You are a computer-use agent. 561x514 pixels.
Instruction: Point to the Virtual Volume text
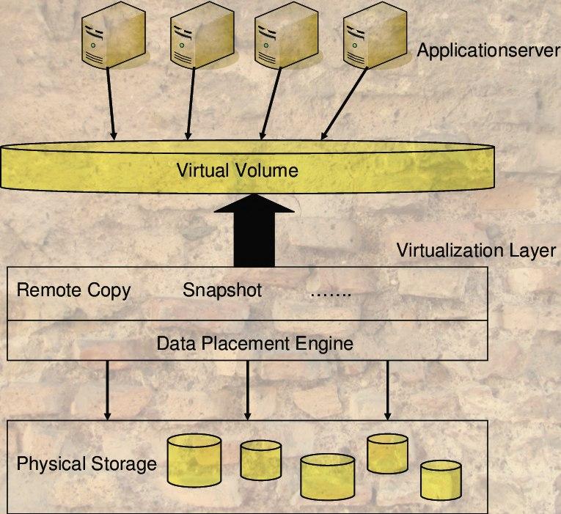[238, 171]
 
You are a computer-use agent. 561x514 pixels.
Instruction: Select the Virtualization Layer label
[476, 251]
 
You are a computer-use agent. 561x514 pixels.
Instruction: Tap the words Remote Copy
[73, 290]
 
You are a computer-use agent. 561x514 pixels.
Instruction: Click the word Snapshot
[222, 290]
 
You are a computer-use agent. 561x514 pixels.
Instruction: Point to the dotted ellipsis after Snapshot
[331, 293]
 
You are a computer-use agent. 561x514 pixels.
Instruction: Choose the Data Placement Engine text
[255, 342]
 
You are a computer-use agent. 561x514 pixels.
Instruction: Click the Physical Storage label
[87, 464]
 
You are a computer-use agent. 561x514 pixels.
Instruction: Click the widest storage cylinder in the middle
[328, 477]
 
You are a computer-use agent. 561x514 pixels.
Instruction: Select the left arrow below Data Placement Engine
[109, 390]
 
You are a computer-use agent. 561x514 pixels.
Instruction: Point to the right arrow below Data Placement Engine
[388, 390]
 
